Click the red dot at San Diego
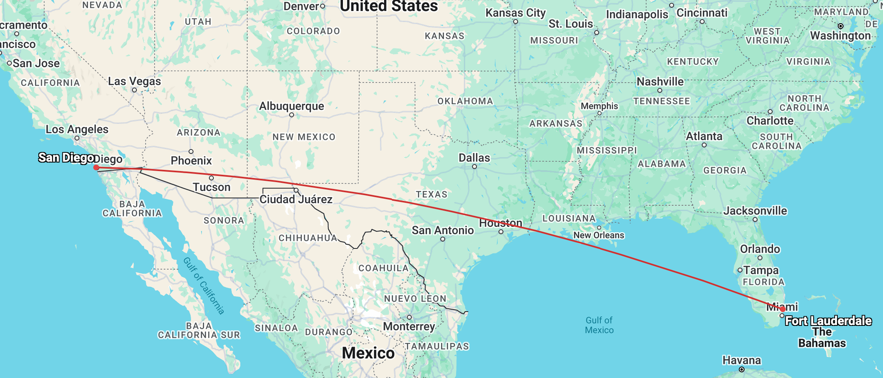(x=96, y=167)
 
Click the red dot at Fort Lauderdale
(x=782, y=309)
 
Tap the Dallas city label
(x=474, y=158)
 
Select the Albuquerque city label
(x=292, y=106)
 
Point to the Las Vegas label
(x=134, y=81)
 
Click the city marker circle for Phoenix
(x=191, y=152)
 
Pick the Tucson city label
(x=211, y=187)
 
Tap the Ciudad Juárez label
(x=296, y=199)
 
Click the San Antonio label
(x=443, y=230)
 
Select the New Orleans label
(x=599, y=235)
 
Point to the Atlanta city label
(x=704, y=136)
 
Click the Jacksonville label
(x=755, y=211)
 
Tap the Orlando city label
(x=760, y=249)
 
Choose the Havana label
(x=742, y=360)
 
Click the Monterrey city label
(x=409, y=326)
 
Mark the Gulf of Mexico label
(x=599, y=325)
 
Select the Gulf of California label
(x=204, y=286)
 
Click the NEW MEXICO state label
(x=304, y=137)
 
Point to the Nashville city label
(x=660, y=81)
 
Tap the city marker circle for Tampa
(x=740, y=270)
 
